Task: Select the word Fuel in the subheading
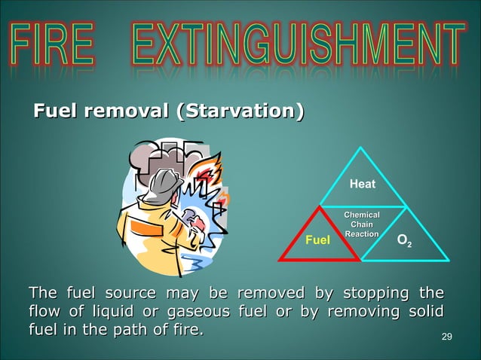pos(55,113)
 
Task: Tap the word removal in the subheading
pos(126,113)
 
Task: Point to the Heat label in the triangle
pos(363,184)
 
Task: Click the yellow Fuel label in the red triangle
pos(317,241)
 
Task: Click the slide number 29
pos(446,335)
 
